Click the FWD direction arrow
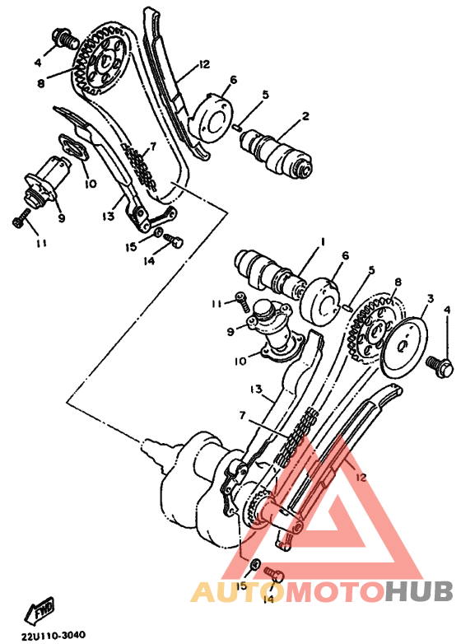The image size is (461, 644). (39, 610)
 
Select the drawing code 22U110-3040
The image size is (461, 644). (54, 636)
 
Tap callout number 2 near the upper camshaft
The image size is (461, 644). (305, 116)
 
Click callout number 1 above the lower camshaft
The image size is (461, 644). (323, 242)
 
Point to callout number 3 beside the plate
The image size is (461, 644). (430, 299)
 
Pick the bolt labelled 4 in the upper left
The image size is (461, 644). (66, 39)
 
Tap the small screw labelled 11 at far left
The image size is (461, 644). (21, 217)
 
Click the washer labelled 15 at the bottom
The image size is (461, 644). (254, 565)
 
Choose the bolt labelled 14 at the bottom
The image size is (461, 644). (273, 574)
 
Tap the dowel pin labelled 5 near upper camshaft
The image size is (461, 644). (236, 128)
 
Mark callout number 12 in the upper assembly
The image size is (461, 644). (203, 64)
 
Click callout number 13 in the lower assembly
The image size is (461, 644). (255, 389)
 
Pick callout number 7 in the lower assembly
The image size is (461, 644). (242, 416)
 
